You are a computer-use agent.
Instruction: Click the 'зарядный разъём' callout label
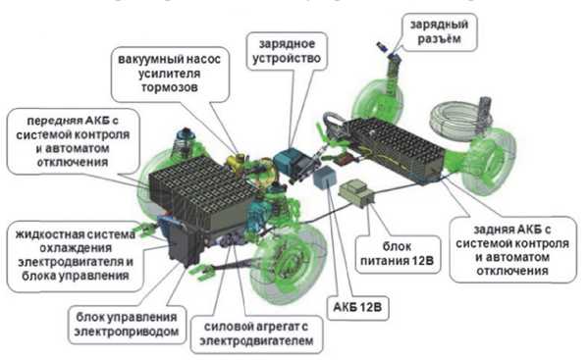point(439,32)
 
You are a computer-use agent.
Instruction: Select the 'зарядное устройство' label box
point(287,51)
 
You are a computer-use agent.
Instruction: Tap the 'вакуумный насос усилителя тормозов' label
point(170,74)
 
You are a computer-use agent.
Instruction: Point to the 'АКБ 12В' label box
point(357,307)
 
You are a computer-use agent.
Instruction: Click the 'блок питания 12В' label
point(398,254)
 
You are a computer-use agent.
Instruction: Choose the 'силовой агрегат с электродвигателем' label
point(256,334)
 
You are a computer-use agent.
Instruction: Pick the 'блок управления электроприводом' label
point(127,325)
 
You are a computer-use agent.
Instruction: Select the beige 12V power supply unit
point(356,192)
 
